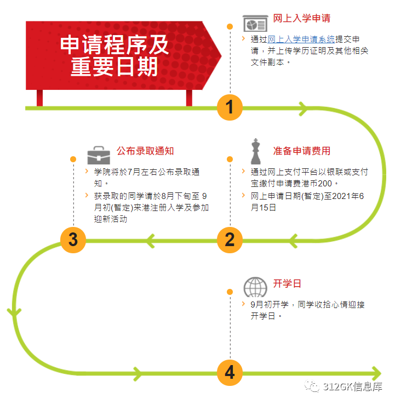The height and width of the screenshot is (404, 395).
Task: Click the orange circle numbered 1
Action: tap(230, 107)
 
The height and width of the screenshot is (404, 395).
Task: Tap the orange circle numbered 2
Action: tap(230, 240)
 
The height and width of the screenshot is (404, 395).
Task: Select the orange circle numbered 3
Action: tap(73, 240)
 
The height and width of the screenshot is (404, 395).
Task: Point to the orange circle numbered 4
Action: tap(230, 373)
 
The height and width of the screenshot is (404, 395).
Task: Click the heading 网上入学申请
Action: tap(302, 18)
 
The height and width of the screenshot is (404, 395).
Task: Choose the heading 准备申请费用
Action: tap(302, 151)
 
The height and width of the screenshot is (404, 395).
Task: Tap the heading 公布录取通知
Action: tap(145, 151)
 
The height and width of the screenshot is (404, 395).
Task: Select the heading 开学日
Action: tap(287, 283)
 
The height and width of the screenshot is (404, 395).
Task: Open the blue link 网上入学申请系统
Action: tap(301, 39)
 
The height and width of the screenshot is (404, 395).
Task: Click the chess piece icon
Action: tap(255, 151)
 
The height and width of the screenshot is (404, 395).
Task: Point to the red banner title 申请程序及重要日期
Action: tap(115, 56)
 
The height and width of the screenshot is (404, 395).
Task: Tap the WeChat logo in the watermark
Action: tap(315, 387)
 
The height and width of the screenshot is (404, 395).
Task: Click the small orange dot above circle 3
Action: tap(73, 160)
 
